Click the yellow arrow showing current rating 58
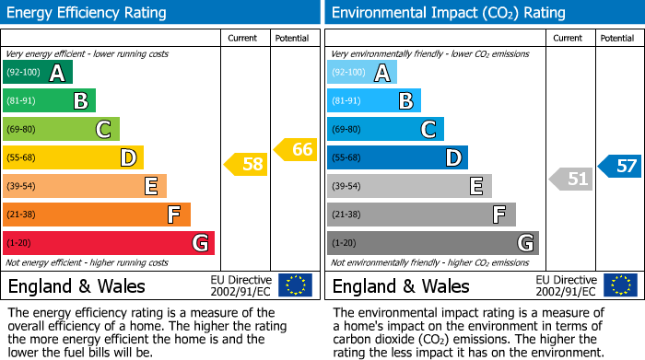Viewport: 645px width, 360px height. click(x=246, y=165)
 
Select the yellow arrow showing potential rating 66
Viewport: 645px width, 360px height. click(x=296, y=149)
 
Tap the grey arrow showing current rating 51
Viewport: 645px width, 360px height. click(x=571, y=179)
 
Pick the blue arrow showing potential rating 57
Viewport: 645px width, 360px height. click(x=620, y=166)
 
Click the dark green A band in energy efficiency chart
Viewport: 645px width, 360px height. click(x=38, y=73)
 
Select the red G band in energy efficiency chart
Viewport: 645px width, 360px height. click(x=109, y=243)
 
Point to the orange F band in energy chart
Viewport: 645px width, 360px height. click(x=97, y=215)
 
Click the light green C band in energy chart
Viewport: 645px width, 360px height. click(x=62, y=129)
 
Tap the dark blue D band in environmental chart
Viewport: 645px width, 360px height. click(x=397, y=157)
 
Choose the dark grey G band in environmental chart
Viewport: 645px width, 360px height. click(x=432, y=243)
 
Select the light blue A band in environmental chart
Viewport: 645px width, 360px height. click(x=362, y=73)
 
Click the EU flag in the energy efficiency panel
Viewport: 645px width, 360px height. click(x=295, y=285)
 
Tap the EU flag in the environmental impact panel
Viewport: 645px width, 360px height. click(x=620, y=285)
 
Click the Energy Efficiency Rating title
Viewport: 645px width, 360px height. click(x=88, y=13)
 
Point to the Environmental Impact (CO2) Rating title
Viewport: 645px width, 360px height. click(x=435, y=13)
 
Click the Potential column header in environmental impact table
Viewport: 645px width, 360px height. click(x=617, y=38)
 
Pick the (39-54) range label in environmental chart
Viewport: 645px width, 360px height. click(x=348, y=186)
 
